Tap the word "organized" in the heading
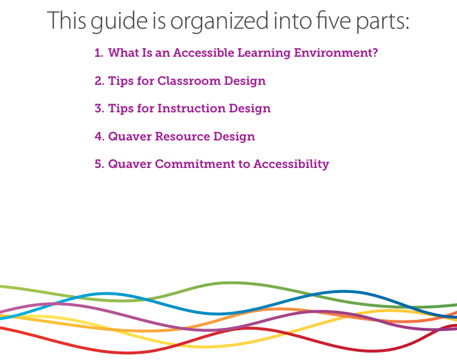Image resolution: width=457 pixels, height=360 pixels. point(219,22)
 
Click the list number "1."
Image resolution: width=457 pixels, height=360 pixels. point(99,53)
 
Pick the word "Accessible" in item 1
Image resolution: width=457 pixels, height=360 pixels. point(203,53)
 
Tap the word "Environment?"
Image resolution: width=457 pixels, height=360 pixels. point(336,53)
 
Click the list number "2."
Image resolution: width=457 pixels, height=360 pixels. point(100,81)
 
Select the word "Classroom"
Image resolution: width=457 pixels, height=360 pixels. point(189,81)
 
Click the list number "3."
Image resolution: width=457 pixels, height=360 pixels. point(100,108)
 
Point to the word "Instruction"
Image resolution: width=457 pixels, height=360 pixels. point(191,108)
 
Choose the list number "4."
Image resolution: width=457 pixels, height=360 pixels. point(100,136)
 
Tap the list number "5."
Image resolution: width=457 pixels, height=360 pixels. point(100,165)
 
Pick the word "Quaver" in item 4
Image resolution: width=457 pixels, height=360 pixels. point(130,137)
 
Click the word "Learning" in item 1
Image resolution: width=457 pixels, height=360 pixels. point(264,53)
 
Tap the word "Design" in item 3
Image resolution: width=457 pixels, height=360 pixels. point(250,109)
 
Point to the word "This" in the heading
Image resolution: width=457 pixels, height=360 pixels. point(67,20)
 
